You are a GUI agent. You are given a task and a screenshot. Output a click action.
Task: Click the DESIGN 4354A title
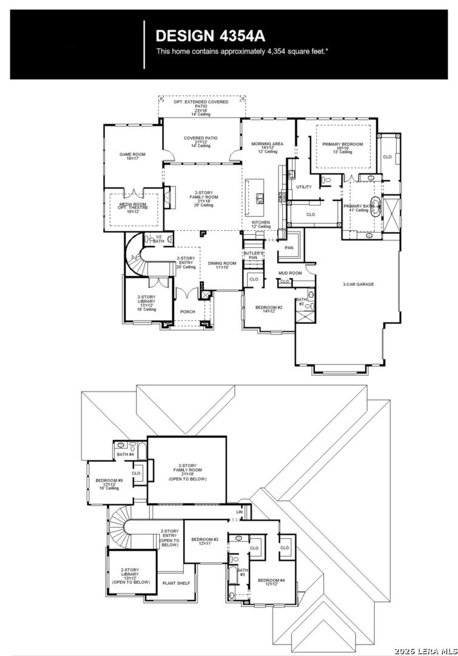(210, 36)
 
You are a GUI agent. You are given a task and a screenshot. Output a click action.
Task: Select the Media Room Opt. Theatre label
(133, 207)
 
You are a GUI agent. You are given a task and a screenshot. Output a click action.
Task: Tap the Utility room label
(304, 187)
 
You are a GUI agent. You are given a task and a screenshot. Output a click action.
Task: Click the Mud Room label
(290, 273)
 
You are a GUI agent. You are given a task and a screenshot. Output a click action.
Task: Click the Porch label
(187, 312)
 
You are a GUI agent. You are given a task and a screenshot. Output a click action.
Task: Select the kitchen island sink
(260, 198)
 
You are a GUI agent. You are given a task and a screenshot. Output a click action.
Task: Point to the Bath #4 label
(126, 454)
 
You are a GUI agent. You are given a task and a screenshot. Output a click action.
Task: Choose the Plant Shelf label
(176, 583)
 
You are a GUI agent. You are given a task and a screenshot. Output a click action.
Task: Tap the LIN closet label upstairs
(240, 513)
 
